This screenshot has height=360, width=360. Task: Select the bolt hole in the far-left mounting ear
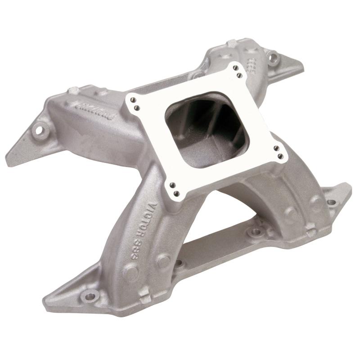click(x=40, y=131)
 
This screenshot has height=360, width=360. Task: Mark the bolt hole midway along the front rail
click(x=256, y=233)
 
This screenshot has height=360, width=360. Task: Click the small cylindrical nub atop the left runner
click(x=71, y=90)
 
